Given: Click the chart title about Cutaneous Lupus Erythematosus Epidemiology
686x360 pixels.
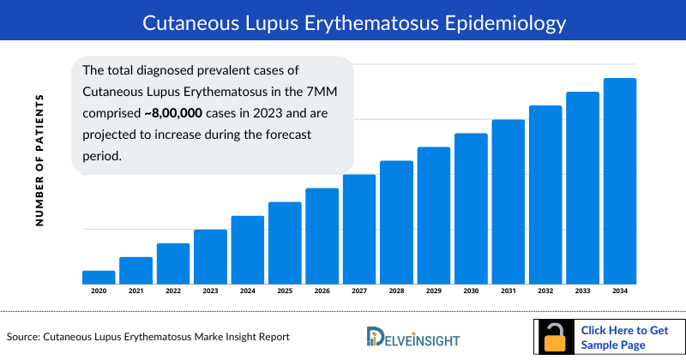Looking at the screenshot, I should pos(343,19).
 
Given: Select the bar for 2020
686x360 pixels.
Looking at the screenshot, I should pos(99,277).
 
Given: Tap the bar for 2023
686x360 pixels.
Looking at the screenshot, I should pos(210,256).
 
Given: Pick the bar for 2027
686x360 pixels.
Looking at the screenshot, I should pos(359,229).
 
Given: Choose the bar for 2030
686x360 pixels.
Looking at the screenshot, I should pos(471,208).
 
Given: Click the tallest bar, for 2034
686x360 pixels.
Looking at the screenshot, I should pos(620,181).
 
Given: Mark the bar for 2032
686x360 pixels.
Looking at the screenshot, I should pos(545,195).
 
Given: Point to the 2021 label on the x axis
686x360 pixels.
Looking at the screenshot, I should pos(135,292).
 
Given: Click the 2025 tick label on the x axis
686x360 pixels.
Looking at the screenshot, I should pos(285,292).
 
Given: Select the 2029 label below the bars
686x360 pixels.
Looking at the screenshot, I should pos(434,292).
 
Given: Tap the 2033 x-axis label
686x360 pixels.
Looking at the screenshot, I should pos(583,292).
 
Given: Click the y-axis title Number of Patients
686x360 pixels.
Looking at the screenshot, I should pos(39,162).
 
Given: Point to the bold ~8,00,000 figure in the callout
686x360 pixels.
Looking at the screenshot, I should pos(146,113).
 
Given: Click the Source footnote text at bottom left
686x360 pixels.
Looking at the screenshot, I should pos(148,337).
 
